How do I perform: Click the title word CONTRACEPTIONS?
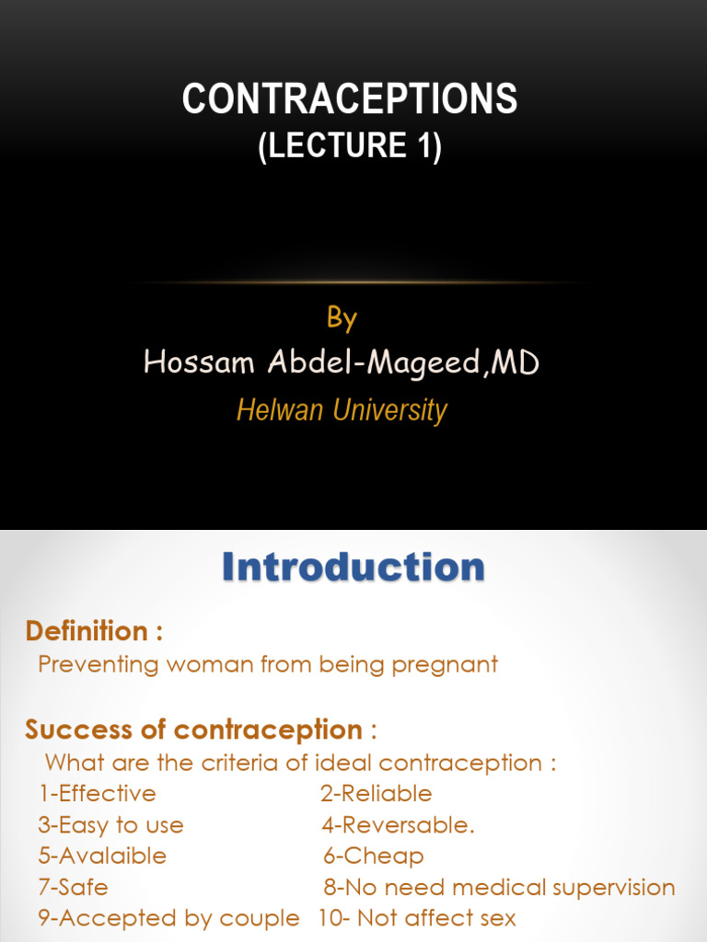pyautogui.click(x=350, y=99)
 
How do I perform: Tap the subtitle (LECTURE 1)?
pyautogui.click(x=350, y=146)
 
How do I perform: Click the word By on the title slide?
pyautogui.click(x=342, y=318)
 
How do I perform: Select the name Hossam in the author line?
pyautogui.click(x=195, y=363)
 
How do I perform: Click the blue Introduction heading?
pyautogui.click(x=353, y=567)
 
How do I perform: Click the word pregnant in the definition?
pyautogui.click(x=445, y=664)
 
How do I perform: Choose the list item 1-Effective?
pyautogui.click(x=98, y=793)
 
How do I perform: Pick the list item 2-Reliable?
pyautogui.click(x=377, y=793)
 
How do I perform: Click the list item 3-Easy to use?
pyautogui.click(x=111, y=825)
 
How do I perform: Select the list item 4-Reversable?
pyautogui.click(x=399, y=825)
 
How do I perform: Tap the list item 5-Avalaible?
pyautogui.click(x=102, y=856)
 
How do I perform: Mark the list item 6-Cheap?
pyautogui.click(x=374, y=856)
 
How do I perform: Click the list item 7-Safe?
pyautogui.click(x=74, y=888)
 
